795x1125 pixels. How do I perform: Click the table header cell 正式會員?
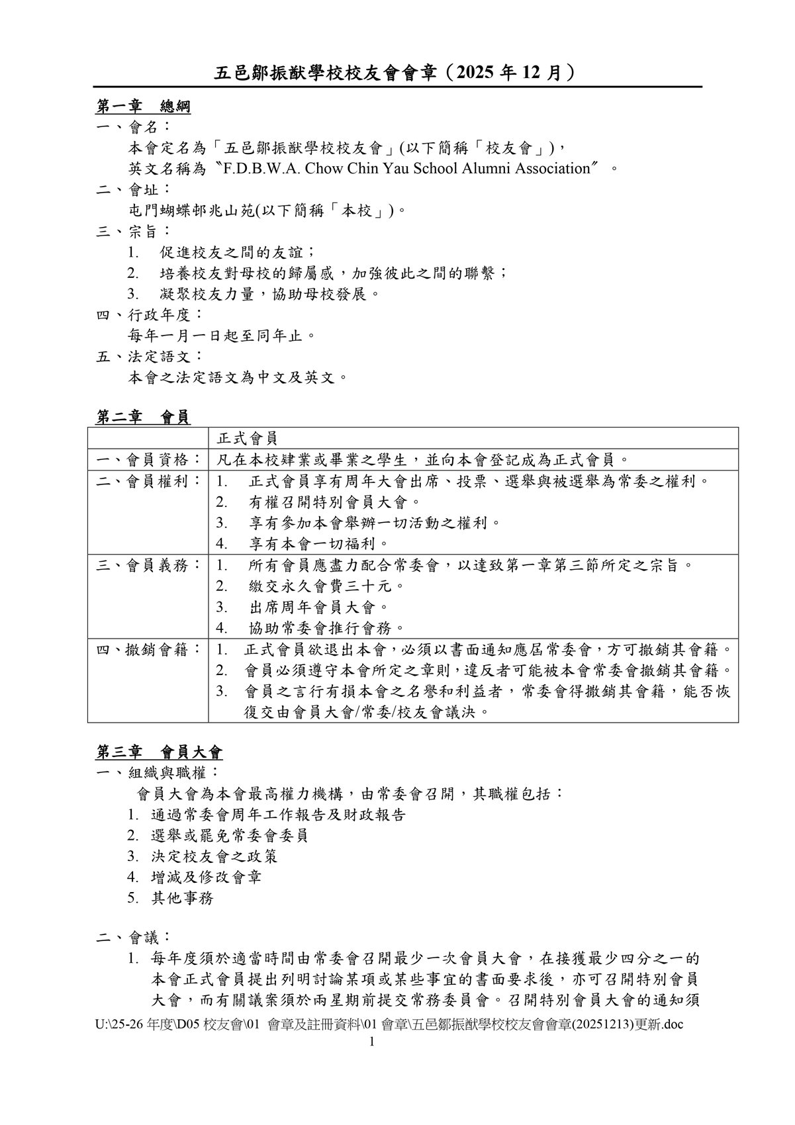pyautogui.click(x=247, y=437)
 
